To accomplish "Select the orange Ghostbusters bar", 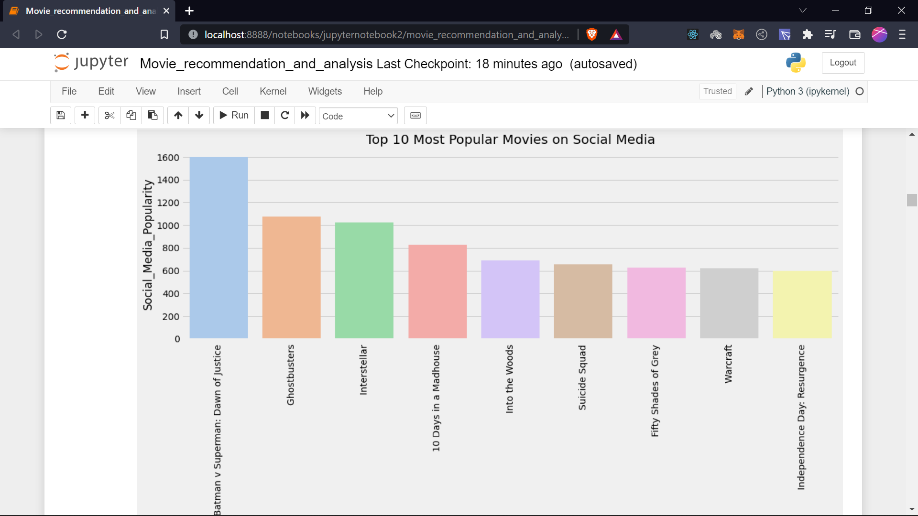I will coord(291,277).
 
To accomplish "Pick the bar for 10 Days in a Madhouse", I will coord(437,291).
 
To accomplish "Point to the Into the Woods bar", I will coord(510,299).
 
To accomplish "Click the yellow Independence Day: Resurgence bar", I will coord(802,304).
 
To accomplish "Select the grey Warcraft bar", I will coord(729,303).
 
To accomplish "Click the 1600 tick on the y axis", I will coord(168,158).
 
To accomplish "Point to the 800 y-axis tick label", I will coord(171,248).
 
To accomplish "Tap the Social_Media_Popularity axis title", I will coord(148,245).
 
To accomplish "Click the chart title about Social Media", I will coord(510,140).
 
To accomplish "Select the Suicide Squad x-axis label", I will coord(582,377).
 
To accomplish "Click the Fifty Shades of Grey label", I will coord(655,391).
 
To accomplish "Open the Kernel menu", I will coord(273,91).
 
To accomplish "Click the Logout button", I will coord(842,63).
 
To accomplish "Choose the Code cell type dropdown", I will coord(358,116).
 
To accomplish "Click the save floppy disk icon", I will coord(61,115).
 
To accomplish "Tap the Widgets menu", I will coord(325,91).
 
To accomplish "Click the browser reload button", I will coord(62,34).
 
